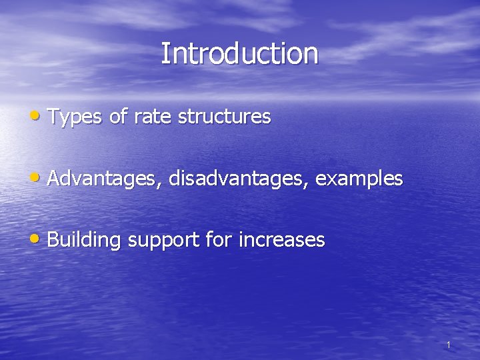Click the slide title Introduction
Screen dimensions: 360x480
coord(239,53)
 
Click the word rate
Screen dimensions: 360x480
coord(151,117)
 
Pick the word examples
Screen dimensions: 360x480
coord(359,179)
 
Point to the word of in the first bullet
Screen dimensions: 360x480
coord(118,117)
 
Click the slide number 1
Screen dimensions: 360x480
coord(449,345)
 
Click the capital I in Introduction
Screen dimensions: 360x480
coord(164,53)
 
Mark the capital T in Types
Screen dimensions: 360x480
coord(53,117)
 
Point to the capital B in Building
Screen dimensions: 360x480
coord(53,239)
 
